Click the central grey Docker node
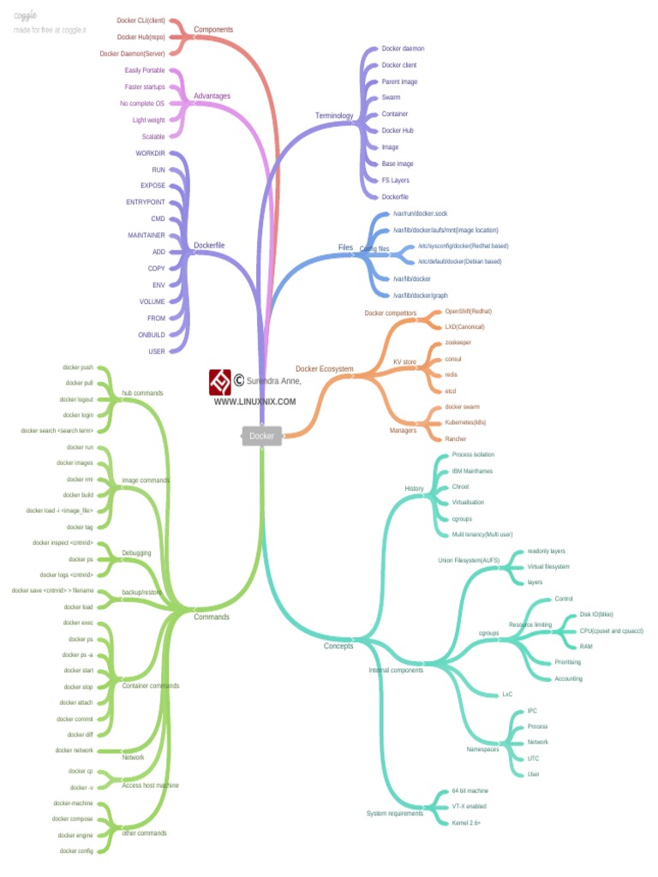pyautogui.click(x=261, y=436)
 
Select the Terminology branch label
pyautogui.click(x=334, y=116)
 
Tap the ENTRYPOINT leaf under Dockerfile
pyautogui.click(x=146, y=203)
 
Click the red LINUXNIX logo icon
pyautogui.click(x=220, y=381)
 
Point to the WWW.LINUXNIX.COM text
pyautogui.click(x=255, y=402)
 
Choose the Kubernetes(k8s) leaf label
pyautogui.click(x=466, y=422)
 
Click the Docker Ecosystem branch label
pyautogui.click(x=324, y=369)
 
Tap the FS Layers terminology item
pyautogui.click(x=396, y=181)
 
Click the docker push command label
pyautogui.click(x=79, y=367)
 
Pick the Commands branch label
pyautogui.click(x=212, y=617)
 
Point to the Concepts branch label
pyautogui.click(x=338, y=646)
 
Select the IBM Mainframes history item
pyautogui.click(x=472, y=471)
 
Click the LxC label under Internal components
pyautogui.click(x=507, y=695)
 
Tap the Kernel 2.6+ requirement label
pyautogui.click(x=466, y=823)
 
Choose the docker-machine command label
pyautogui.click(x=73, y=803)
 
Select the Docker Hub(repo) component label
pyautogui.click(x=141, y=37)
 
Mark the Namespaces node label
pyautogui.click(x=483, y=749)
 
